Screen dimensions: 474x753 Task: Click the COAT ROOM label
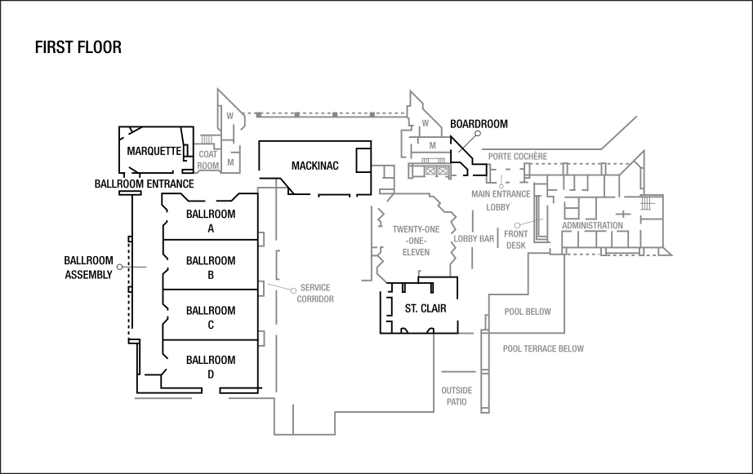click(x=208, y=160)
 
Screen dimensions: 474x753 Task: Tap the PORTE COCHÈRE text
click(x=518, y=156)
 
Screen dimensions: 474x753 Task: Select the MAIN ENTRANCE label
click(x=501, y=194)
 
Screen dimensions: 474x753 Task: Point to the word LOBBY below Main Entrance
click(x=498, y=207)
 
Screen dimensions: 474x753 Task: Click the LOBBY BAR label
click(x=474, y=239)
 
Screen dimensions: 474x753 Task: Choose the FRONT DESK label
click(x=516, y=240)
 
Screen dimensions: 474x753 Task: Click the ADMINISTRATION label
click(x=592, y=226)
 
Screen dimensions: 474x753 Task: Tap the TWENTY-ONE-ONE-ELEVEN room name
click(x=415, y=241)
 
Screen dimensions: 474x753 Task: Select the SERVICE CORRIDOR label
click(x=315, y=294)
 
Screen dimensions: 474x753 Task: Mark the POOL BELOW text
click(x=528, y=312)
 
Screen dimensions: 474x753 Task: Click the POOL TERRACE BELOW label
click(x=543, y=349)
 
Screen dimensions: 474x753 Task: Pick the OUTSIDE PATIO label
click(x=457, y=396)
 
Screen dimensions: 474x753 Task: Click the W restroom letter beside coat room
click(x=230, y=116)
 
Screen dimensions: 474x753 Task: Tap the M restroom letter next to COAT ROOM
click(x=230, y=162)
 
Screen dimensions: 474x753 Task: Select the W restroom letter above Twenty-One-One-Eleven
click(x=425, y=123)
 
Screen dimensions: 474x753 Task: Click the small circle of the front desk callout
click(x=518, y=224)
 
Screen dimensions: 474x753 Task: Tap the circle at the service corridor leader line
click(x=293, y=290)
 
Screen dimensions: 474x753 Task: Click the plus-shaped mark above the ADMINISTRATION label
click(x=622, y=214)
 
